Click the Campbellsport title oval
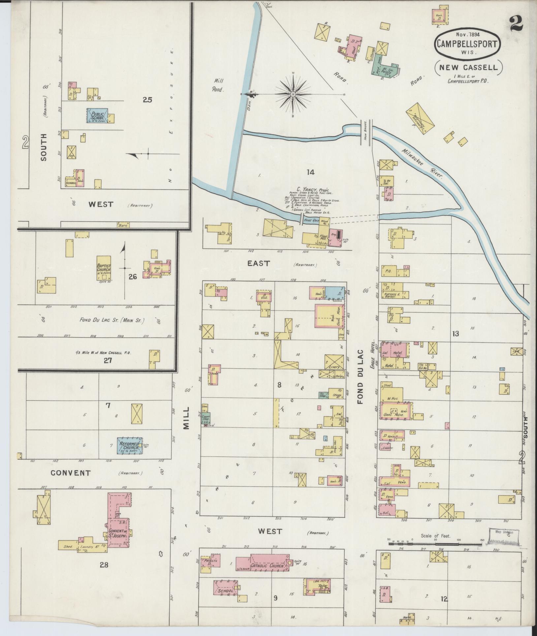[x=468, y=43]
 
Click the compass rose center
[x=293, y=94]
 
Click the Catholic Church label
[x=267, y=566]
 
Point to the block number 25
[x=147, y=99]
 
